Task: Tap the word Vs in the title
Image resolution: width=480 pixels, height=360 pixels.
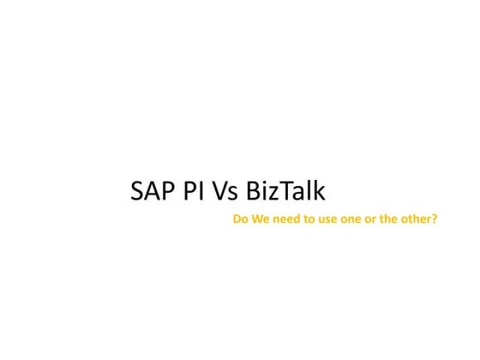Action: pos(225,189)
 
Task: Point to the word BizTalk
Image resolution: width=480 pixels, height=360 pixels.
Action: pos(285,189)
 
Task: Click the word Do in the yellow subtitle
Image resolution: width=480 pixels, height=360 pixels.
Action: pos(240,219)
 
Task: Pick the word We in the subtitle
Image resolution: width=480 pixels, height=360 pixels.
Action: pos(260,219)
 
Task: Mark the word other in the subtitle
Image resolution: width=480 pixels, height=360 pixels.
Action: pos(417,219)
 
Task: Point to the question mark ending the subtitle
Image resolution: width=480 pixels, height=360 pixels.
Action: pos(435,219)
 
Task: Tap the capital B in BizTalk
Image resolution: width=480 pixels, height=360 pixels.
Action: pos(253,189)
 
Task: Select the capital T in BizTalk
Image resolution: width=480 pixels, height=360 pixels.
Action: pos(285,189)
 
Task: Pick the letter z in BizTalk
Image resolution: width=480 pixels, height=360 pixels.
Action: pos(273,192)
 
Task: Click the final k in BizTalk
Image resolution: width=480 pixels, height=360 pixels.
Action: pos(319,189)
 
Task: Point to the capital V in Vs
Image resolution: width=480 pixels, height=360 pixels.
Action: pos(218,189)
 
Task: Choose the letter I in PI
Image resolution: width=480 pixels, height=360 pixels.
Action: pos(201,189)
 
